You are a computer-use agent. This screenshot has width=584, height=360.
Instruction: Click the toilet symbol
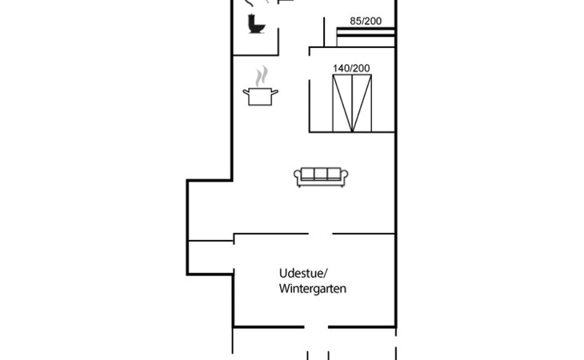256,24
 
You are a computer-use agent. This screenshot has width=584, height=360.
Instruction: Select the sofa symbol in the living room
321,177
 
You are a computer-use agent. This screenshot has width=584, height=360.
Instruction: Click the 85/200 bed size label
366,22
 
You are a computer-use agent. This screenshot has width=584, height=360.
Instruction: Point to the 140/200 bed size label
351,69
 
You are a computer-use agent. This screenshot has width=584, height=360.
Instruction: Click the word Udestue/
303,274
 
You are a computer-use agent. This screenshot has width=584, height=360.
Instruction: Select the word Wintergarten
313,289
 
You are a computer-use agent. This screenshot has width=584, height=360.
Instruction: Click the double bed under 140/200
352,103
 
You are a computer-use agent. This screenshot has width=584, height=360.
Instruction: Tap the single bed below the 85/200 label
366,37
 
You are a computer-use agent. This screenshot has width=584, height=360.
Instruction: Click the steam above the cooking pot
262,77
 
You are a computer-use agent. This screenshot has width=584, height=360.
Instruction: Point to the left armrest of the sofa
298,177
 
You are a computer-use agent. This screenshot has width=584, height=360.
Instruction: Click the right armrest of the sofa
344,177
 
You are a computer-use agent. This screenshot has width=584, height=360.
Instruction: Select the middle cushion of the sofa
321,174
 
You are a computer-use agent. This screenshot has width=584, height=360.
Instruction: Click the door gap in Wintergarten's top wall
320,234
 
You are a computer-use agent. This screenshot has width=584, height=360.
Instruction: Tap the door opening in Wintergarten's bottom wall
316,327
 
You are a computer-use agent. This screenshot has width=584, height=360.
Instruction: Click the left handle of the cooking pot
246,91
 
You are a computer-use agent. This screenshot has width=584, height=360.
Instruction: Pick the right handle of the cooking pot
275,91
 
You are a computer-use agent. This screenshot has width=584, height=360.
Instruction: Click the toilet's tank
251,22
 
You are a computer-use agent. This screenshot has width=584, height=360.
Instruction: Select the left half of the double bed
342,103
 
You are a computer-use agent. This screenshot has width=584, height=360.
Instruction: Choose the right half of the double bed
362,103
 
